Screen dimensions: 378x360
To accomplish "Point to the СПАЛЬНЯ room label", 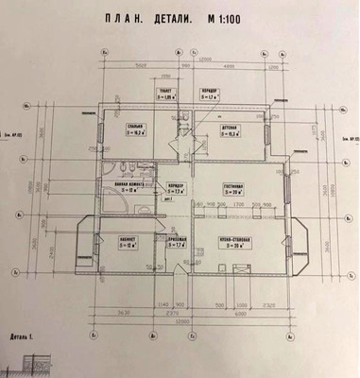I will [137, 127].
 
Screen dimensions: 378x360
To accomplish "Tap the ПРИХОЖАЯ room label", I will [175, 240].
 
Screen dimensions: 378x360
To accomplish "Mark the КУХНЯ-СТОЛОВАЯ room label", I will [234, 240].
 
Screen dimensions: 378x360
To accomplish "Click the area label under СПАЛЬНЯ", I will [137, 133].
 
